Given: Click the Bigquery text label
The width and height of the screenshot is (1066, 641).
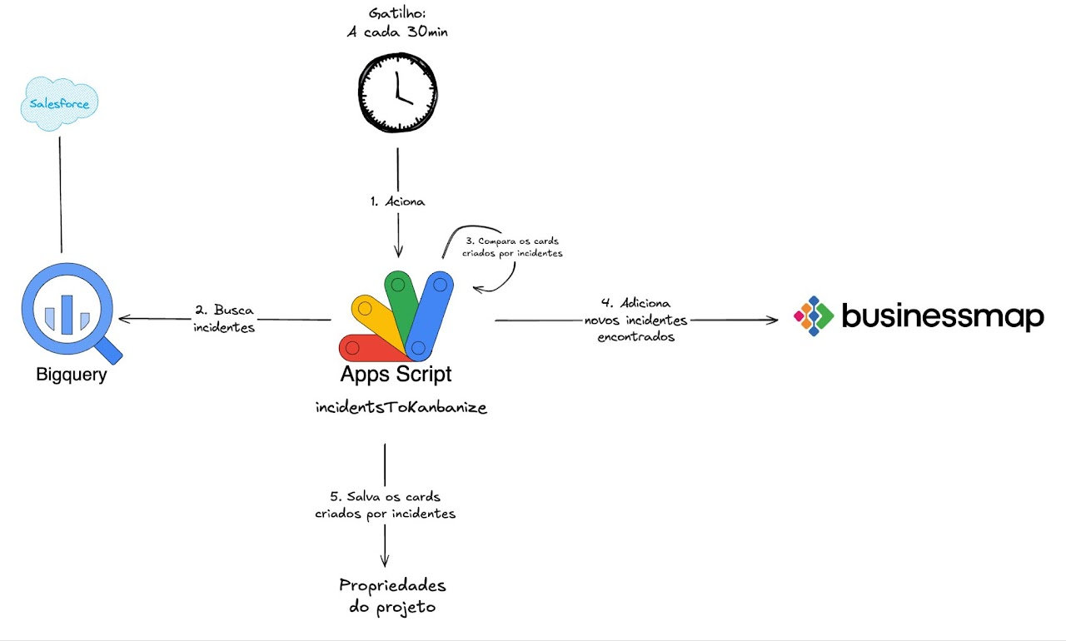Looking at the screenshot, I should [x=72, y=375].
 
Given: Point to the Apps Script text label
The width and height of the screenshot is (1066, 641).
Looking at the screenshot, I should [x=396, y=374].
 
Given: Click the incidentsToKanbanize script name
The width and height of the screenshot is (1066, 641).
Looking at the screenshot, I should [x=401, y=408].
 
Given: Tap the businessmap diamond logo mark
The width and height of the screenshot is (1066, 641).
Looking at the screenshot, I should [x=813, y=316].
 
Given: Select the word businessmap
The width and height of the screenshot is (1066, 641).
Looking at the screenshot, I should [x=942, y=316].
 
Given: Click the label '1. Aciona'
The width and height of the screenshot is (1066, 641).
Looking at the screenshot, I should [x=396, y=201].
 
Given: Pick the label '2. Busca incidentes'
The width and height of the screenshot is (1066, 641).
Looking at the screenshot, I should [x=224, y=319].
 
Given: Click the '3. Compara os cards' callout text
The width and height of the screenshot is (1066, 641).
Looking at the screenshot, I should [x=514, y=246].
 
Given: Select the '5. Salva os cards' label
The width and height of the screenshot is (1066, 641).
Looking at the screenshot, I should [x=386, y=505].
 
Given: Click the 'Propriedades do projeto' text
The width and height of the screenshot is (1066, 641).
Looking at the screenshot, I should [x=392, y=595].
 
